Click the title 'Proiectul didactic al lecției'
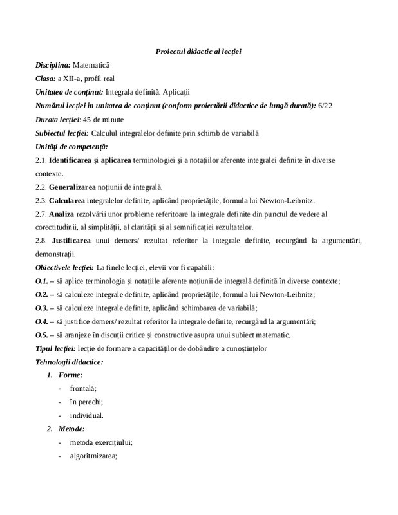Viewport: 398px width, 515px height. click(x=198, y=51)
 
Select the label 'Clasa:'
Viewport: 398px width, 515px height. click(x=46, y=79)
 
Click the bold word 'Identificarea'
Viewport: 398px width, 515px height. click(x=72, y=160)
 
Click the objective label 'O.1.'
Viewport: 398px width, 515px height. click(x=42, y=281)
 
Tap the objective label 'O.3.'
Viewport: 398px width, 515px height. click(x=42, y=308)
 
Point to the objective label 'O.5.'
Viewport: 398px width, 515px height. click(x=42, y=335)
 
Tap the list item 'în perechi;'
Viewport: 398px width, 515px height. click(x=86, y=402)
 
